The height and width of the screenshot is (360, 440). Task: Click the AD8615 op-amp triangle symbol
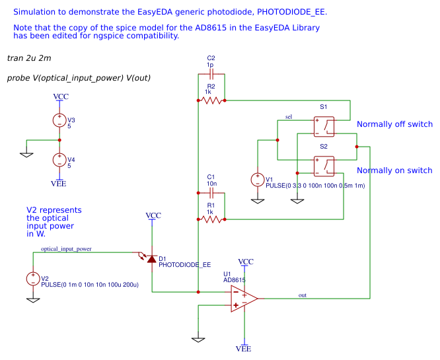(x=243, y=299)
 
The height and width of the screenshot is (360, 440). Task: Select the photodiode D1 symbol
(x=151, y=259)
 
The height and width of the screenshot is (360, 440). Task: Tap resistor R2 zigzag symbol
(x=211, y=100)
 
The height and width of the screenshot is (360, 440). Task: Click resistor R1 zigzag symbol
(x=211, y=219)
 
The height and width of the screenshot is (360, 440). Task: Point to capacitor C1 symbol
(x=211, y=193)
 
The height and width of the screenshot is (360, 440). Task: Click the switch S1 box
(x=324, y=125)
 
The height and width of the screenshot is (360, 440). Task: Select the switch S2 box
(x=324, y=164)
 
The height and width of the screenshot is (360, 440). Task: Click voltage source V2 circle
(x=32, y=279)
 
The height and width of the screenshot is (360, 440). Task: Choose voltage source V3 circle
(x=59, y=120)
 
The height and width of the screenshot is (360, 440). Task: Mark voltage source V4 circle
(x=59, y=160)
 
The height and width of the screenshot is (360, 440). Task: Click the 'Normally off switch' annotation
(x=394, y=124)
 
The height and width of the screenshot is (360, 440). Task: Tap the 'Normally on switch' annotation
(x=394, y=170)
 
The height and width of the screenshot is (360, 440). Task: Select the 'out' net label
(x=303, y=295)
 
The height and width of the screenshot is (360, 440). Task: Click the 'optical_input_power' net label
(x=66, y=249)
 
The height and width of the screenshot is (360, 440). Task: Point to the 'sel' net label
(x=289, y=117)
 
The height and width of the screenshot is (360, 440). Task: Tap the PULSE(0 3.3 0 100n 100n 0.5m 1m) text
(x=315, y=186)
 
